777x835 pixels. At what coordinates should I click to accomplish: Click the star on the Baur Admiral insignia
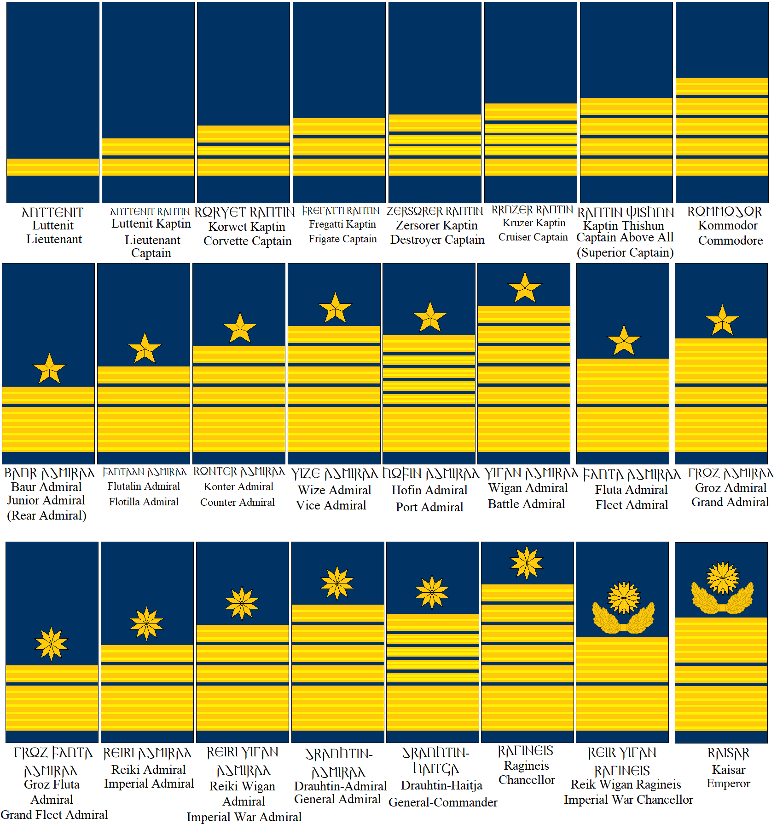point(49,369)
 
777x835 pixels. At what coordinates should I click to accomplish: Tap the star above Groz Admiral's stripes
point(722,320)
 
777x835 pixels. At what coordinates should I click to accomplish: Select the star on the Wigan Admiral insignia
point(525,288)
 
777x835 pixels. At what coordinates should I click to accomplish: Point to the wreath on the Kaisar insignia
point(722,601)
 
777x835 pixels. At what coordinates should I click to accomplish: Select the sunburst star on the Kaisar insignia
point(723,578)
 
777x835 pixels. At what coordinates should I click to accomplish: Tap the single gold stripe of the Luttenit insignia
point(53,167)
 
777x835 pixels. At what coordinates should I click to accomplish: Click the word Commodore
point(730,240)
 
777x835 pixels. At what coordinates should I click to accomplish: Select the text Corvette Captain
point(247,241)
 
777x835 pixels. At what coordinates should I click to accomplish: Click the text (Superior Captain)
point(625,252)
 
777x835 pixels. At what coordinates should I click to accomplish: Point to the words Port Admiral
point(429,507)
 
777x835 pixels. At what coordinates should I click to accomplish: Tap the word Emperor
point(728,783)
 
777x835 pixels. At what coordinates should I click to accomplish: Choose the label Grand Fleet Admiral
point(54,814)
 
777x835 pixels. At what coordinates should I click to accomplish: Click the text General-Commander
point(443,802)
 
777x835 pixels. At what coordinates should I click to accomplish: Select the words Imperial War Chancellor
point(628,800)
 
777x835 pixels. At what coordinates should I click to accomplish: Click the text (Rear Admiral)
point(46,515)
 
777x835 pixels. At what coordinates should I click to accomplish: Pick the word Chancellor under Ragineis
point(527,780)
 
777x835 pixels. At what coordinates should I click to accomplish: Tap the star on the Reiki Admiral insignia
point(146,623)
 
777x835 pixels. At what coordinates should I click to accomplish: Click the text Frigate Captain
point(342,239)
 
